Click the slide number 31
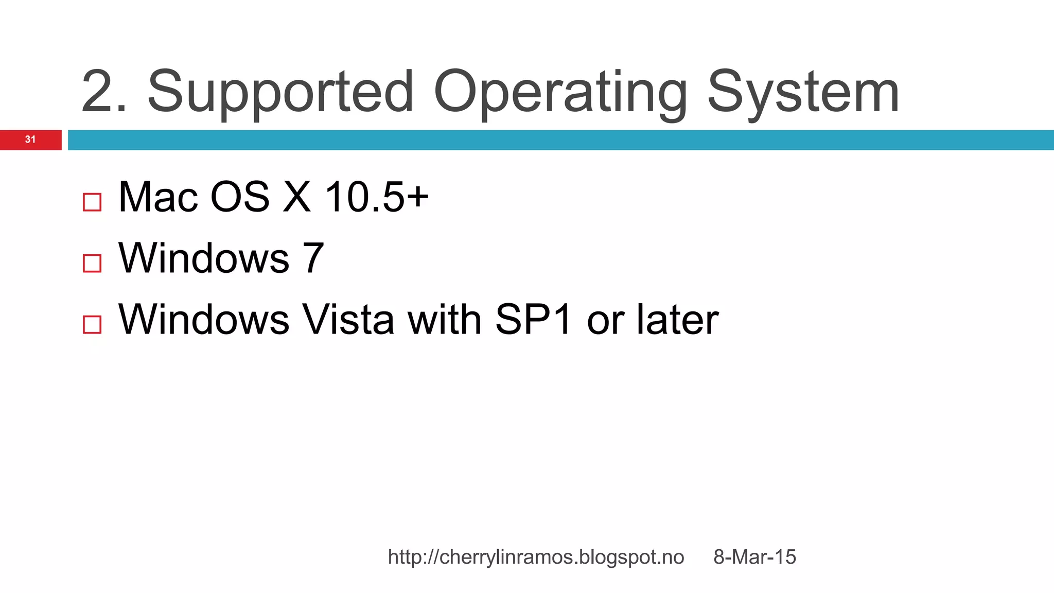click(x=30, y=139)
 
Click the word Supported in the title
click(x=280, y=93)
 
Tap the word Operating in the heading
click(x=560, y=93)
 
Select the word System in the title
click(x=803, y=93)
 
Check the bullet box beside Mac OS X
click(x=92, y=202)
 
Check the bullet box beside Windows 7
click(x=92, y=263)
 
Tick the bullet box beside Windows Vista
click(x=92, y=324)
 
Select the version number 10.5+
click(x=376, y=197)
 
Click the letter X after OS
click(x=297, y=197)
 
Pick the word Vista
click(x=348, y=319)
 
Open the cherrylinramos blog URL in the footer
click(x=536, y=557)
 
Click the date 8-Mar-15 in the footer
click(x=754, y=557)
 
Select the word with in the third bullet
click(x=444, y=319)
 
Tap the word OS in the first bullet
click(x=240, y=197)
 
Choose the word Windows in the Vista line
click(x=204, y=319)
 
